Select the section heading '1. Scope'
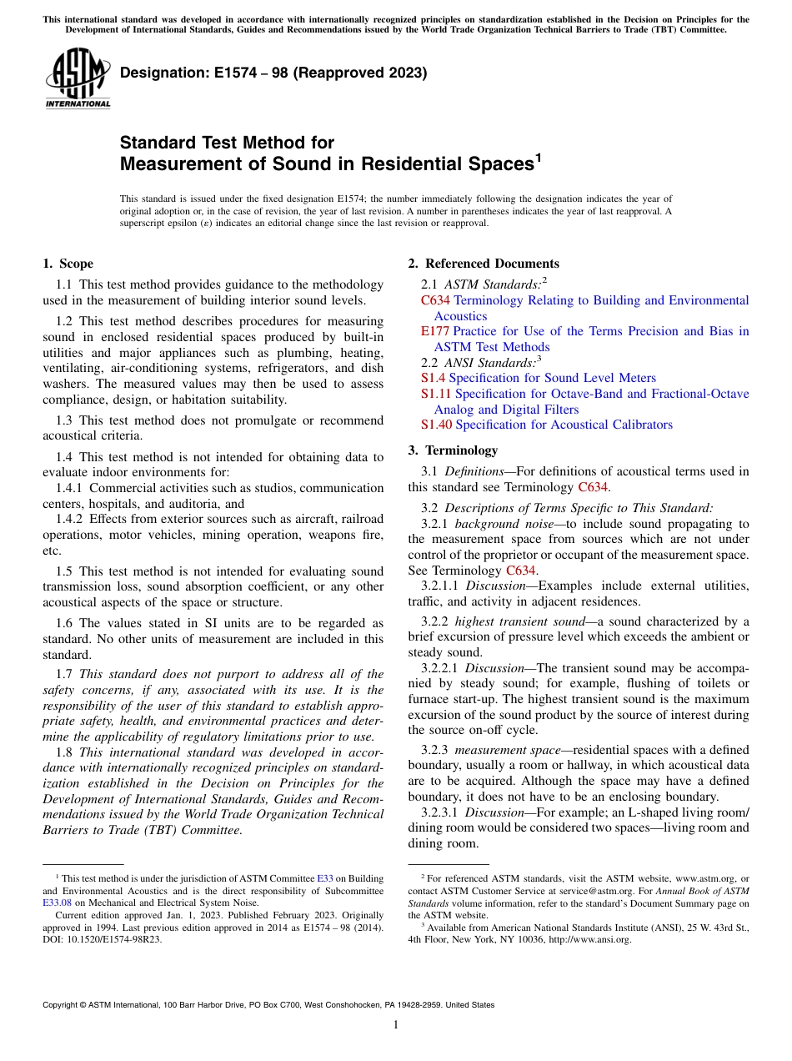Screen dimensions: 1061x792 [68, 264]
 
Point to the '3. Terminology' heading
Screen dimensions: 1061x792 [453, 450]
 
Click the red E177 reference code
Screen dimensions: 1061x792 [435, 331]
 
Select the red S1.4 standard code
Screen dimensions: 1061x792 [433, 378]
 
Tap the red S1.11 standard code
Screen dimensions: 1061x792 [436, 394]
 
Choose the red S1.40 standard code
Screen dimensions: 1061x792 [436, 425]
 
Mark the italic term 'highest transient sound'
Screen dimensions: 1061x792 [517, 621]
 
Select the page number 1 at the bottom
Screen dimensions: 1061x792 [396, 1025]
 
